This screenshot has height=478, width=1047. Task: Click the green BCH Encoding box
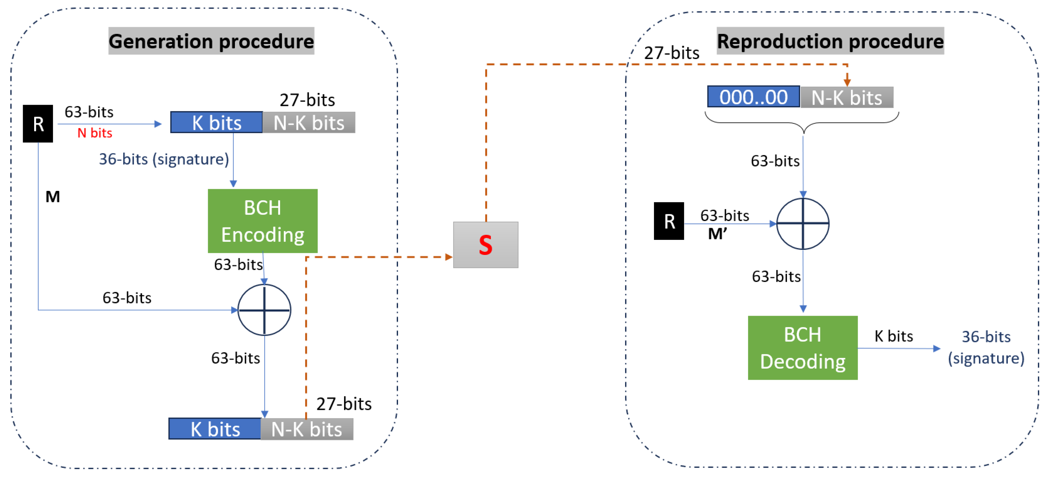pos(263,221)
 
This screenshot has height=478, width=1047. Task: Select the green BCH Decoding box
pos(802,348)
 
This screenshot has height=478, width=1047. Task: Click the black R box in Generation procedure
pos(38,124)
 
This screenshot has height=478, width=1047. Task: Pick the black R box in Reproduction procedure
pos(669,221)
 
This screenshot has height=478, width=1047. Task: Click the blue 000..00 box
pos(753,97)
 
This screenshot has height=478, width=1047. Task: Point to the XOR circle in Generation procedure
pos(264,310)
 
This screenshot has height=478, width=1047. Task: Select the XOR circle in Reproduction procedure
pos(803,224)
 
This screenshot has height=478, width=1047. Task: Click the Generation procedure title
pos(211,41)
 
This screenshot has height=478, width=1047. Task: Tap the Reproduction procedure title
pos(830,41)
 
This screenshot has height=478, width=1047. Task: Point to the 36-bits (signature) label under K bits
pos(164,159)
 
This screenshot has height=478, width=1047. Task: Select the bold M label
pos(52,197)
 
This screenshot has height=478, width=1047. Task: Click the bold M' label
pos(717,234)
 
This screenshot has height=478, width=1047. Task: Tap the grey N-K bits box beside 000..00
pos(847,98)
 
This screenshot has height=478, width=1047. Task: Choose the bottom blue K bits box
pos(215,429)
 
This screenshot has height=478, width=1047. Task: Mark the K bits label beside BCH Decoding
pos(893,336)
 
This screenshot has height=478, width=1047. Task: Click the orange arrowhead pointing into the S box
pos(448,257)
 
